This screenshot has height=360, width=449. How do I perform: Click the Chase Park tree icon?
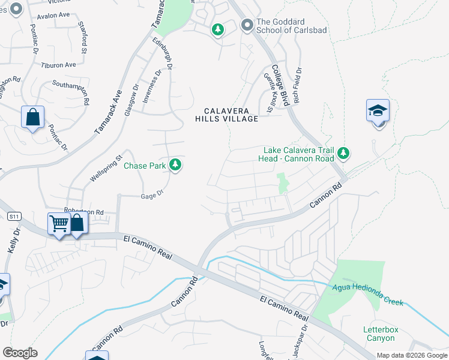tap(175, 164)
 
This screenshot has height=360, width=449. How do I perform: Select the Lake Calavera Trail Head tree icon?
tap(343, 154)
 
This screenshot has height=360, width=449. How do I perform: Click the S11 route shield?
tap(13, 216)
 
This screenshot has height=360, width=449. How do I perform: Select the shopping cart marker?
tap(59, 224)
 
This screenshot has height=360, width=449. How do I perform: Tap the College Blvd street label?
tap(280, 85)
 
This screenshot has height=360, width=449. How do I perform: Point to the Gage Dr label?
tap(152, 196)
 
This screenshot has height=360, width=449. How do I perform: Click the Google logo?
tap(20, 353)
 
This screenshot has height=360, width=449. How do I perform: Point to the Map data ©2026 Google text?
tap(411, 355)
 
